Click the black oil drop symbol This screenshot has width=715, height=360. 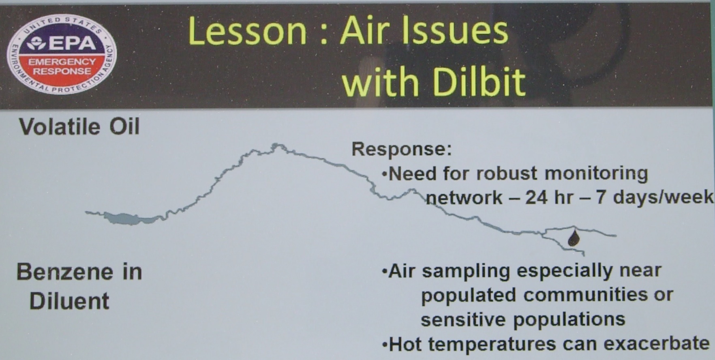[573, 238]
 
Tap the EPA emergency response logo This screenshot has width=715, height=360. [62, 54]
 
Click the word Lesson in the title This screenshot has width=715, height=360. [247, 32]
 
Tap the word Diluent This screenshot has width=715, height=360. [69, 301]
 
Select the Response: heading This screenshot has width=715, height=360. [402, 149]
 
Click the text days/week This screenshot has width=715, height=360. [663, 197]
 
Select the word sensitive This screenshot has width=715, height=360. [464, 319]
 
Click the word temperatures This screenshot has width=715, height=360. [492, 345]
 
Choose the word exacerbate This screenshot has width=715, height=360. [657, 343]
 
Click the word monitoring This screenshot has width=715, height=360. [596, 174]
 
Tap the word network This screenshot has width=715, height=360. [464, 198]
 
